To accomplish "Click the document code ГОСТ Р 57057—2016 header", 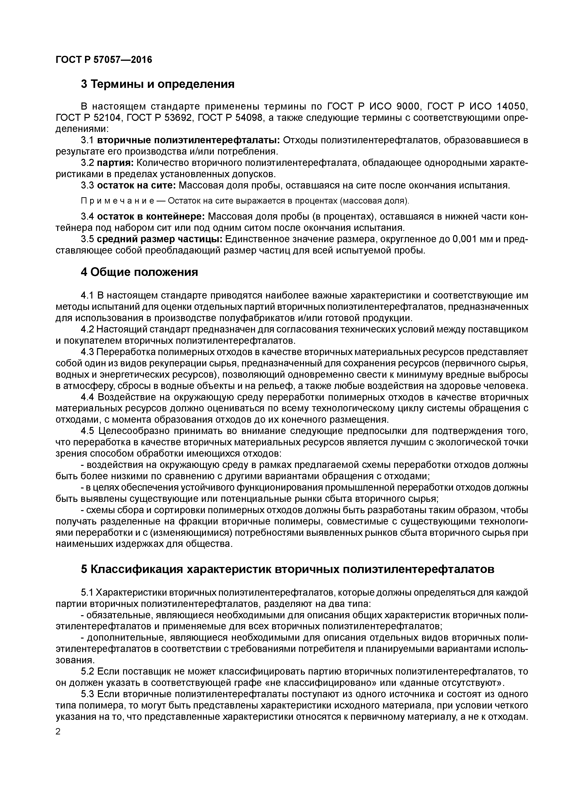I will point(104,60).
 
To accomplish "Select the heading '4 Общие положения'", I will point(139,272).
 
